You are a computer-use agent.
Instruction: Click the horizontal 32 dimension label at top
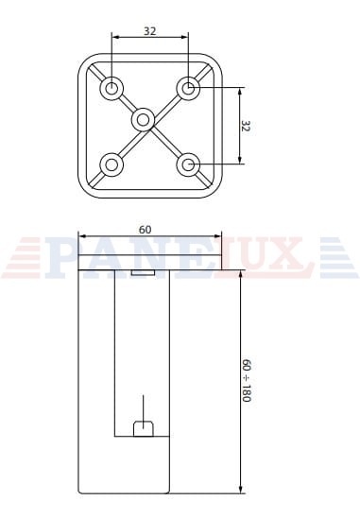149,31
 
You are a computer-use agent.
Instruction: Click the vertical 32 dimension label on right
246,126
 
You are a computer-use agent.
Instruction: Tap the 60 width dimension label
145,230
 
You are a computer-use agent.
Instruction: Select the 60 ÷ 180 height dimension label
247,380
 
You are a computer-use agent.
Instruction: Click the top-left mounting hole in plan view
111,88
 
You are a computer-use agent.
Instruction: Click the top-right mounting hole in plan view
188,88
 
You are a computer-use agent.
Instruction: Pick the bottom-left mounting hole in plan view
111,164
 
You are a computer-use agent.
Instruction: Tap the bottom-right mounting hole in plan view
188,164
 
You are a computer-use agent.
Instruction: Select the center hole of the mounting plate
143,120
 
